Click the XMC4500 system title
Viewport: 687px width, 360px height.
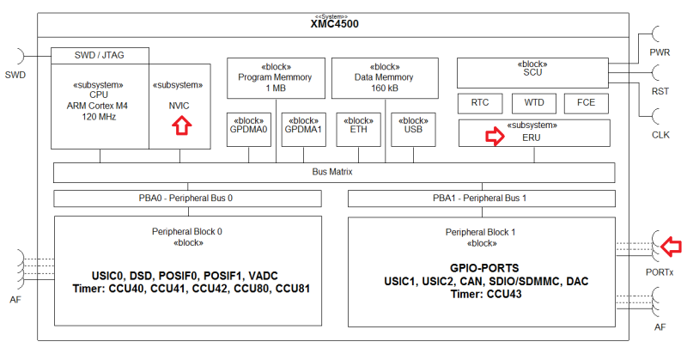tap(334, 24)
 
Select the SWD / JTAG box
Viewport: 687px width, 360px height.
tap(100, 54)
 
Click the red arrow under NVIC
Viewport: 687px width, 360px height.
tap(180, 125)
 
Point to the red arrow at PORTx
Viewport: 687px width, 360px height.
tap(671, 247)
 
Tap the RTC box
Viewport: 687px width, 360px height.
tap(480, 103)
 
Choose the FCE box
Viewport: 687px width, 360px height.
tap(586, 103)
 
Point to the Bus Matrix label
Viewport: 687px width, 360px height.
tap(333, 172)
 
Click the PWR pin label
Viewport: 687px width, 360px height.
tap(660, 52)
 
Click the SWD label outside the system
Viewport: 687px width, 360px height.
tap(15, 75)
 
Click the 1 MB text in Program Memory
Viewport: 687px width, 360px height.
tap(275, 88)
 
